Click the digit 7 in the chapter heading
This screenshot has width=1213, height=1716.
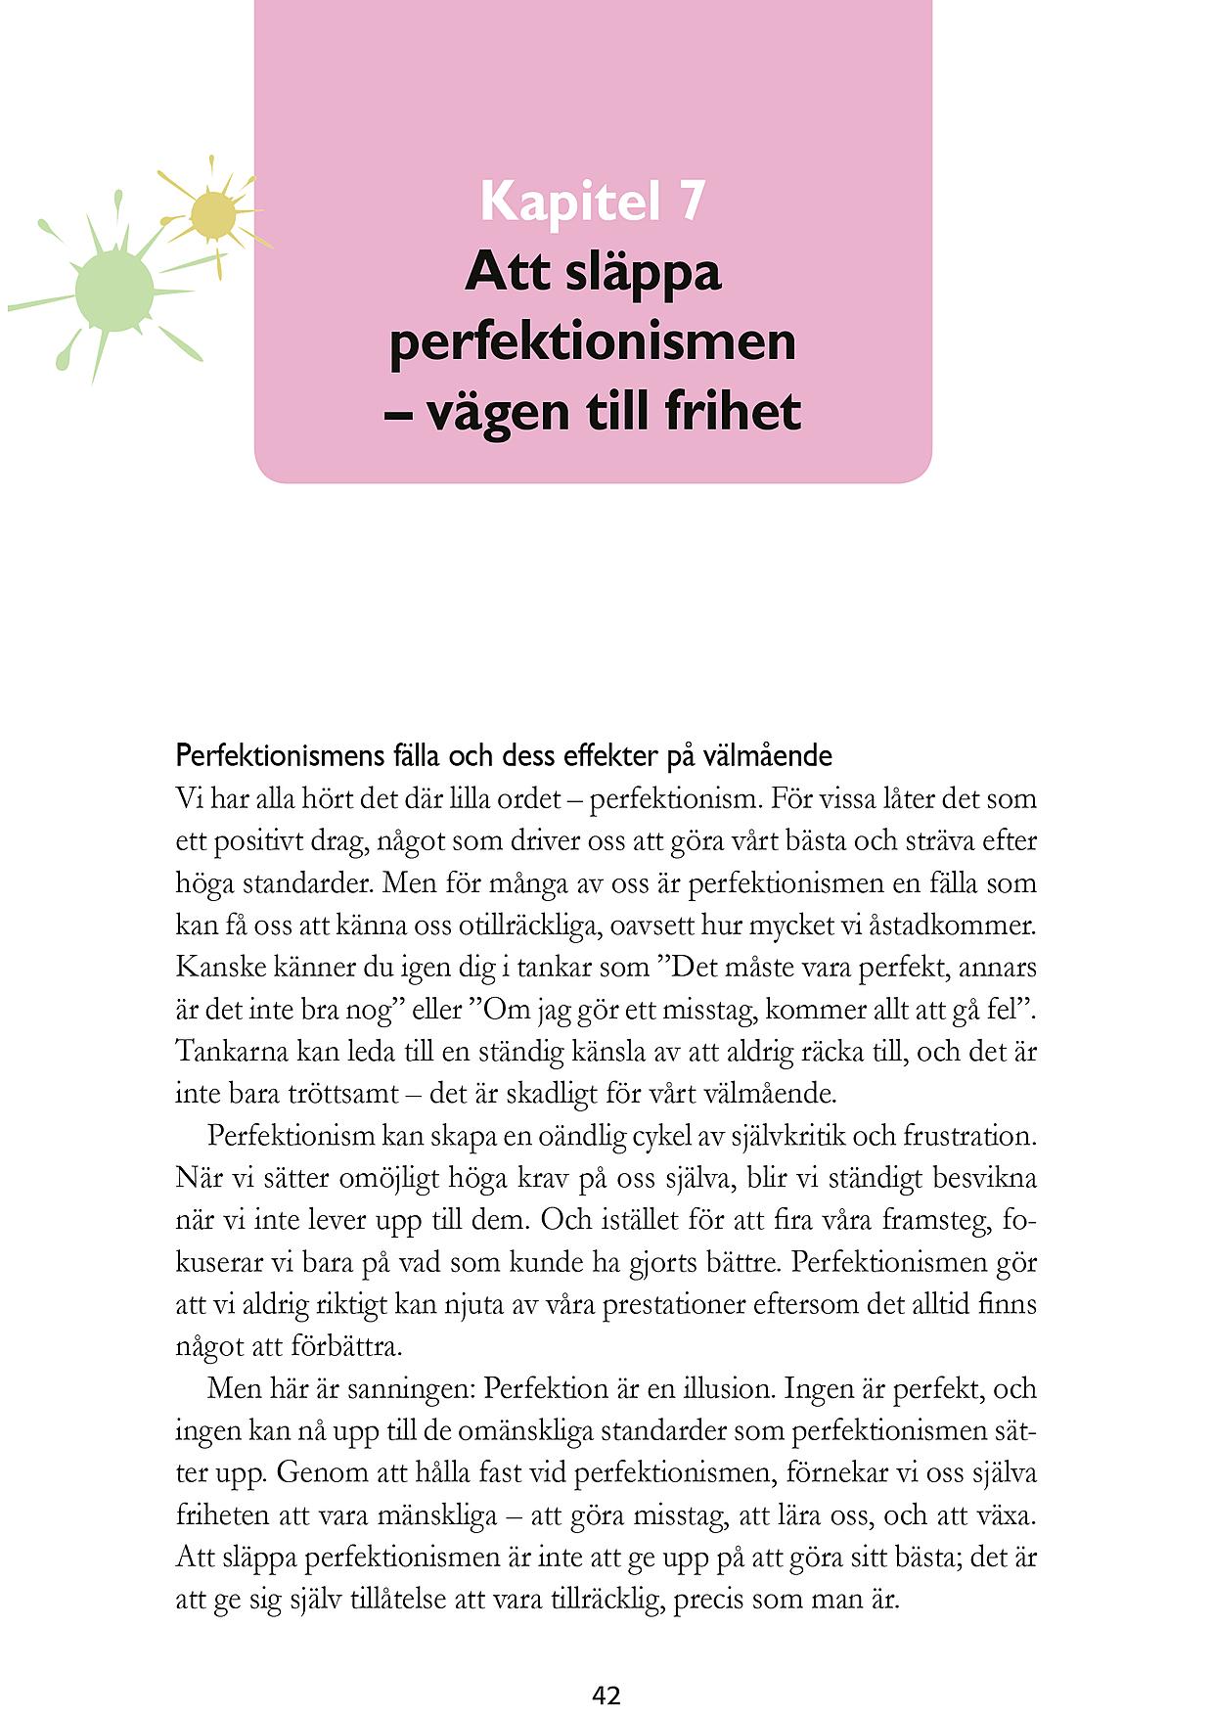tap(688, 202)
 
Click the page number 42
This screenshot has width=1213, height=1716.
tap(606, 1695)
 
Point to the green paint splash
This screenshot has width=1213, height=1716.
tap(114, 290)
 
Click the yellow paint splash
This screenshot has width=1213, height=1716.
tap(212, 215)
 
